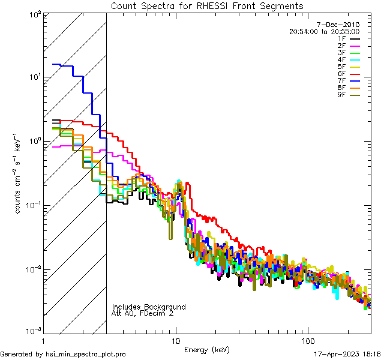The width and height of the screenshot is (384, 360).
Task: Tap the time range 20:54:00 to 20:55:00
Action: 324,31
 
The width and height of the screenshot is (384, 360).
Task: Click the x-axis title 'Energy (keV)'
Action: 207,350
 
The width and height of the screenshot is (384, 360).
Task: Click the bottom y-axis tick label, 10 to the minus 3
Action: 31,331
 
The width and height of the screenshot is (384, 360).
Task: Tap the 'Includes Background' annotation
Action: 149,307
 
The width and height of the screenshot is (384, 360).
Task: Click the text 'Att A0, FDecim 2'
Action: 143,313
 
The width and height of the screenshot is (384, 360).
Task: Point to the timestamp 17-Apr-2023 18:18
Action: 347,354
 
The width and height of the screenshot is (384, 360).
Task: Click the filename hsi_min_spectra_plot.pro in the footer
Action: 86,354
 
